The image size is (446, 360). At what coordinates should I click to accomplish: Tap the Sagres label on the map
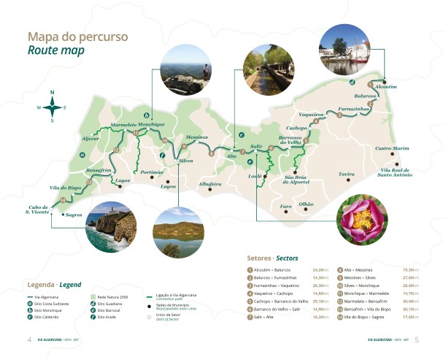coord(74,215)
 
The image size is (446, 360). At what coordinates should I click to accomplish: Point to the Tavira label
coord(346,175)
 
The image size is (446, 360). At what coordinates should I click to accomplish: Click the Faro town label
coord(286,207)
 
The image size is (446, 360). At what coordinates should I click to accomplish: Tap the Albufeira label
coord(209,184)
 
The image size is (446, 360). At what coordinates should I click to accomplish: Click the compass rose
coord(52,107)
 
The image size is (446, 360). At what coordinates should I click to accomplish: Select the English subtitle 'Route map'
coord(55,50)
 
